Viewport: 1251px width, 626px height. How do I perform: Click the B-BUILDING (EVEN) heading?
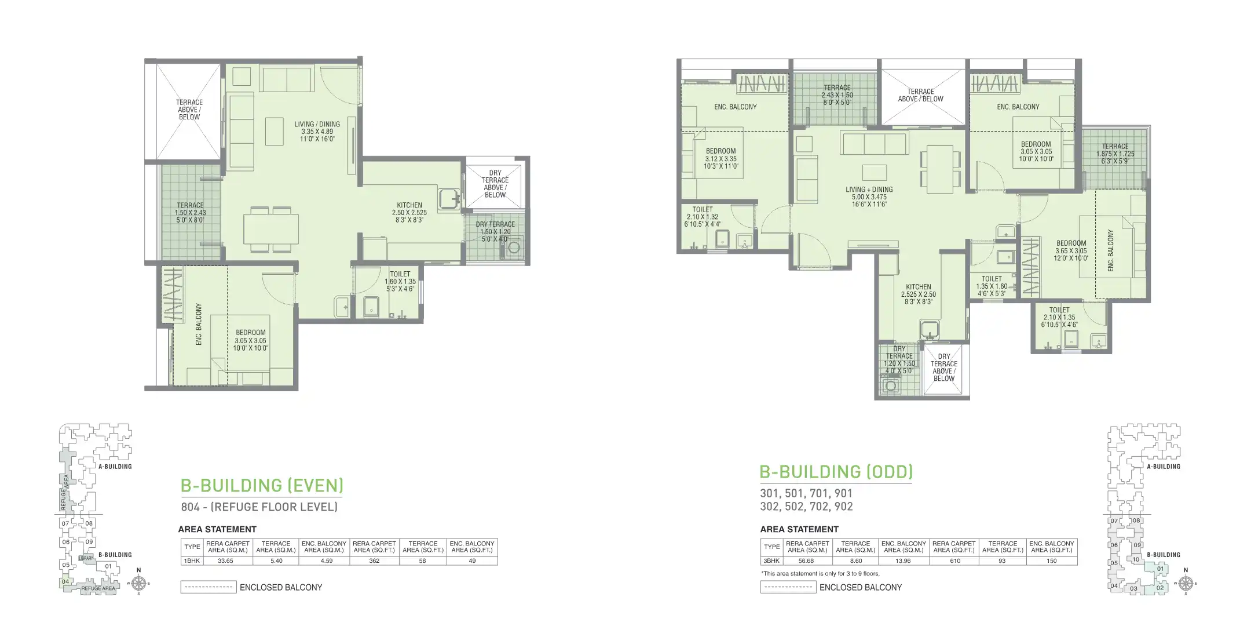coord(262,485)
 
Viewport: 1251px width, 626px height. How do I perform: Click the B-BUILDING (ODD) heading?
coord(836,471)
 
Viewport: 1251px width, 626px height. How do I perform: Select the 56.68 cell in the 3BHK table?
coord(807,561)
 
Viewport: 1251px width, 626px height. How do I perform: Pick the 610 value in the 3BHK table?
coord(954,561)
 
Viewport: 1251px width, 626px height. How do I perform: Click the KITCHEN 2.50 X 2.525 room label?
coord(409,212)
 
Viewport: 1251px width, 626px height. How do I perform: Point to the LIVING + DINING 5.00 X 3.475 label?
coord(869,196)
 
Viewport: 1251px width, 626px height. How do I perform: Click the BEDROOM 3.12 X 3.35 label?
coord(720,158)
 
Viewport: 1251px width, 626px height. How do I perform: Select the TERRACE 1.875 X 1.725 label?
coord(1115,154)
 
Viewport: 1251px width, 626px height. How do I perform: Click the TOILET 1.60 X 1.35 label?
coord(400,281)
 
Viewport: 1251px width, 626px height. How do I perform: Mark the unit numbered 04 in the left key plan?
coord(65,581)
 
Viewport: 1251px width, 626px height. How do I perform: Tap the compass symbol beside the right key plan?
coord(1186,583)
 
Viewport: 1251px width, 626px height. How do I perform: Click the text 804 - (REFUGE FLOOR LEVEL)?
coord(259,507)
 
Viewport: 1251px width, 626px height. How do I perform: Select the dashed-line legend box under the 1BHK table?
coord(208,587)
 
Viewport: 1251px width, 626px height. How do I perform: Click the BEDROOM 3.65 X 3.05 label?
coord(1071,250)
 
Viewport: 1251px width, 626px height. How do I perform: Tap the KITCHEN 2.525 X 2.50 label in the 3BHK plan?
coord(918,294)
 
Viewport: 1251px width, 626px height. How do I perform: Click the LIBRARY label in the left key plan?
coord(86,558)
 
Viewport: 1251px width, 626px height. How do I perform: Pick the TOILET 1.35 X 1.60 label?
coord(992,286)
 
